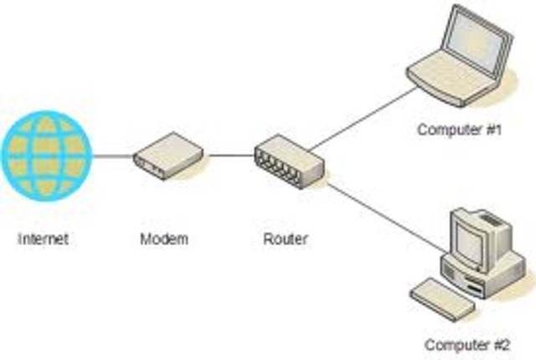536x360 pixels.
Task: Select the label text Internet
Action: click(43, 239)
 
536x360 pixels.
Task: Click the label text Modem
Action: click(164, 239)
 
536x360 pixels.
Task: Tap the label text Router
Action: click(285, 239)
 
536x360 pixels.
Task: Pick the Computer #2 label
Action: click(466, 344)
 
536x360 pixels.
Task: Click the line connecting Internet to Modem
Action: click(111, 156)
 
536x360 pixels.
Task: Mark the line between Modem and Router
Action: click(230, 156)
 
